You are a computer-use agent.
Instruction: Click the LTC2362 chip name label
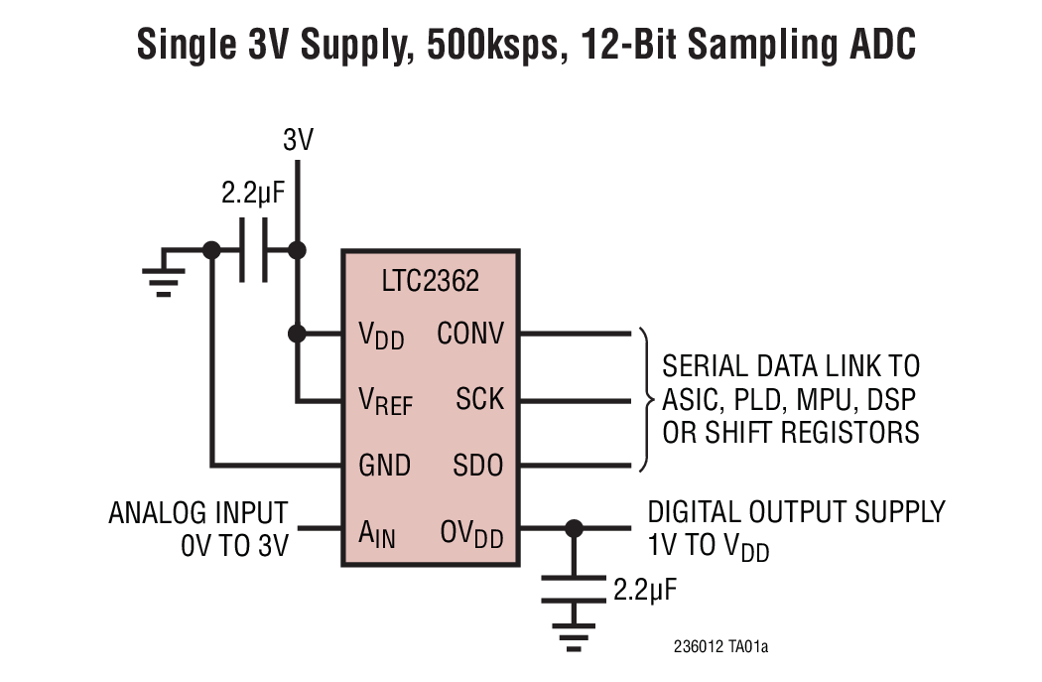click(430, 281)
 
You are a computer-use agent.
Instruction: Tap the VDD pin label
click(381, 335)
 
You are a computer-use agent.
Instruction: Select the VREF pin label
click(385, 401)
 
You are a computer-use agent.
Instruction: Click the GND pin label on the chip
click(384, 465)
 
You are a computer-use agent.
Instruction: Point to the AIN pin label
click(377, 535)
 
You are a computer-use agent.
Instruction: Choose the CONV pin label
click(470, 334)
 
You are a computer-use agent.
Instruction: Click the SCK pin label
click(480, 400)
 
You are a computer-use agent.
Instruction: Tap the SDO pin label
click(478, 465)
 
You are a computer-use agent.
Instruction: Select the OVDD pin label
click(471, 535)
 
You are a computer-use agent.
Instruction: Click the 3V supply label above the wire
click(298, 141)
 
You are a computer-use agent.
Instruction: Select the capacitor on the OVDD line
click(573, 587)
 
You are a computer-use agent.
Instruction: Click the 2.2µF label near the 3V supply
click(253, 194)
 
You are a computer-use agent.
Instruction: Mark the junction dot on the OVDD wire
click(573, 528)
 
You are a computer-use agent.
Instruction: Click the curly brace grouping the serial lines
click(646, 399)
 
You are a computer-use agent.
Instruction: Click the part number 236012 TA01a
click(720, 647)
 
